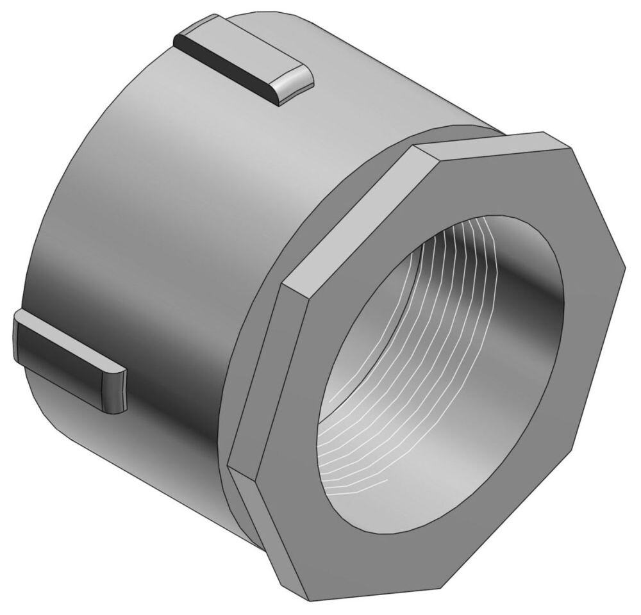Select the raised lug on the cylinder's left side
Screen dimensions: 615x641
click(67, 359)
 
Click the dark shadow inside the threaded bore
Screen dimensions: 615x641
click(513, 269)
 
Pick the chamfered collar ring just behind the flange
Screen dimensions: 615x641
click(269, 256)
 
